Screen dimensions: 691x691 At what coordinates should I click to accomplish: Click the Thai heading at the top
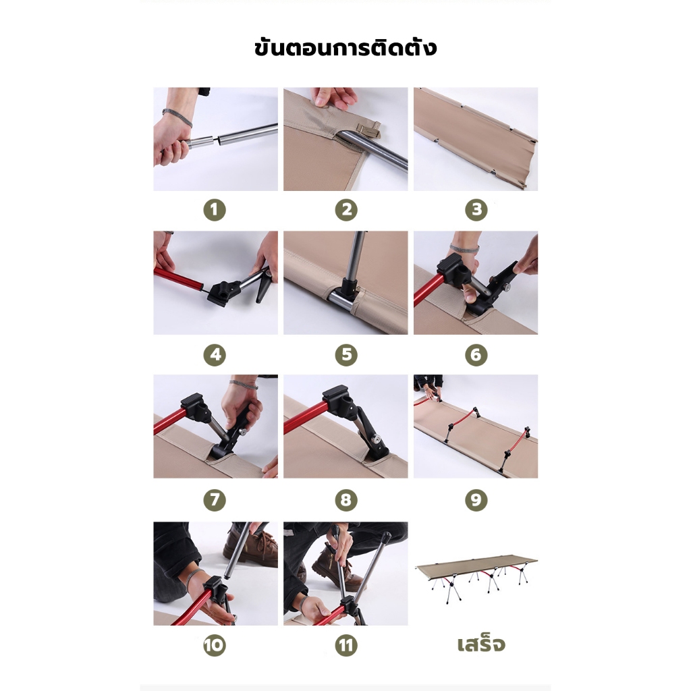345,47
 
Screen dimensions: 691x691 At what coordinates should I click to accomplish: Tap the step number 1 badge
215,210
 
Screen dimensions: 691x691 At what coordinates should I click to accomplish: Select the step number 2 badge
346,210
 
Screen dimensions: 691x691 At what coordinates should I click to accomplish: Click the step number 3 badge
476,210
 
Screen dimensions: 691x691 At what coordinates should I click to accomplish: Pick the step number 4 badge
215,355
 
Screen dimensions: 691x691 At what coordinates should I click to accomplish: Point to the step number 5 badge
346,355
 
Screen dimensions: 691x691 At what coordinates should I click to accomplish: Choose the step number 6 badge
476,355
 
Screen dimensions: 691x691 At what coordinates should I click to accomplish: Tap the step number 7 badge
215,500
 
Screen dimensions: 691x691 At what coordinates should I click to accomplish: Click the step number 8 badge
346,500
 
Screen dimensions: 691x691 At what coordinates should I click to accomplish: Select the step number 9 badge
476,500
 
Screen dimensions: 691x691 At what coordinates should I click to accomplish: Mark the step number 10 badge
215,646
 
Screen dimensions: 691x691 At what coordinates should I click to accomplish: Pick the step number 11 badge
346,646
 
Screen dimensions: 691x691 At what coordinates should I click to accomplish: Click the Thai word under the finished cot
480,644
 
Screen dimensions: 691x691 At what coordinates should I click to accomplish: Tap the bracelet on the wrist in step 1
177,117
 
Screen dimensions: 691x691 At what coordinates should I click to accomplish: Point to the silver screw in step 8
377,439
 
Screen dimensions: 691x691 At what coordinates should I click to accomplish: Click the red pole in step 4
178,279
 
